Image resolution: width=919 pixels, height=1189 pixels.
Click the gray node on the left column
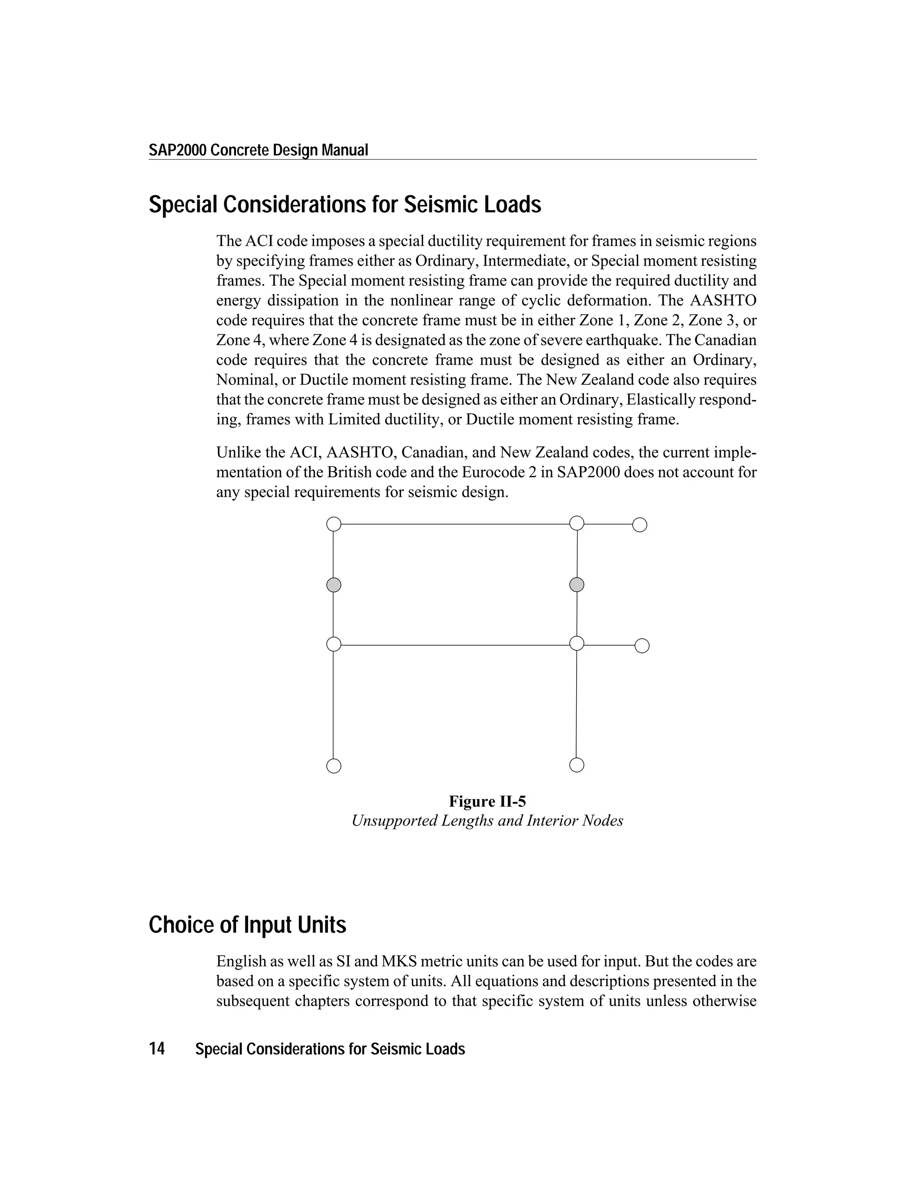[x=334, y=585]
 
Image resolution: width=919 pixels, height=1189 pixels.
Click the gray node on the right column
[x=577, y=585]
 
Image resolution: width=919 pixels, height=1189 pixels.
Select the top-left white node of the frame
[x=334, y=524]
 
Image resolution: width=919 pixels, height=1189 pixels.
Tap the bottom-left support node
[x=334, y=766]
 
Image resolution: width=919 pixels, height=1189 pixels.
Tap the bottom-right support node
[x=577, y=765]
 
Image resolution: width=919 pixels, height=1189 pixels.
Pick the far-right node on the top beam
[x=640, y=525]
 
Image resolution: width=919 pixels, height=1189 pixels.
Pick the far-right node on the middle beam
[x=642, y=646]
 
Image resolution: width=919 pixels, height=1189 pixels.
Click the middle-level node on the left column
[x=334, y=644]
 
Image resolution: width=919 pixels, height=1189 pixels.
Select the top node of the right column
[x=577, y=523]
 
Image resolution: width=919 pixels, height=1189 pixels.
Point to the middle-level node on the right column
[x=577, y=643]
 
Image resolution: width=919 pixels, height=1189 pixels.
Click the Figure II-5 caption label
[x=487, y=801]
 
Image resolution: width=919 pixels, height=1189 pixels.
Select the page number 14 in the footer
[x=157, y=1049]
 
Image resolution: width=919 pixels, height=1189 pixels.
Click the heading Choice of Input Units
[x=247, y=925]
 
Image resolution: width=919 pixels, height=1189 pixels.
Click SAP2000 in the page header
[x=178, y=150]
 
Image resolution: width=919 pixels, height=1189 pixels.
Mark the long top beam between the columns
[x=455, y=524]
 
